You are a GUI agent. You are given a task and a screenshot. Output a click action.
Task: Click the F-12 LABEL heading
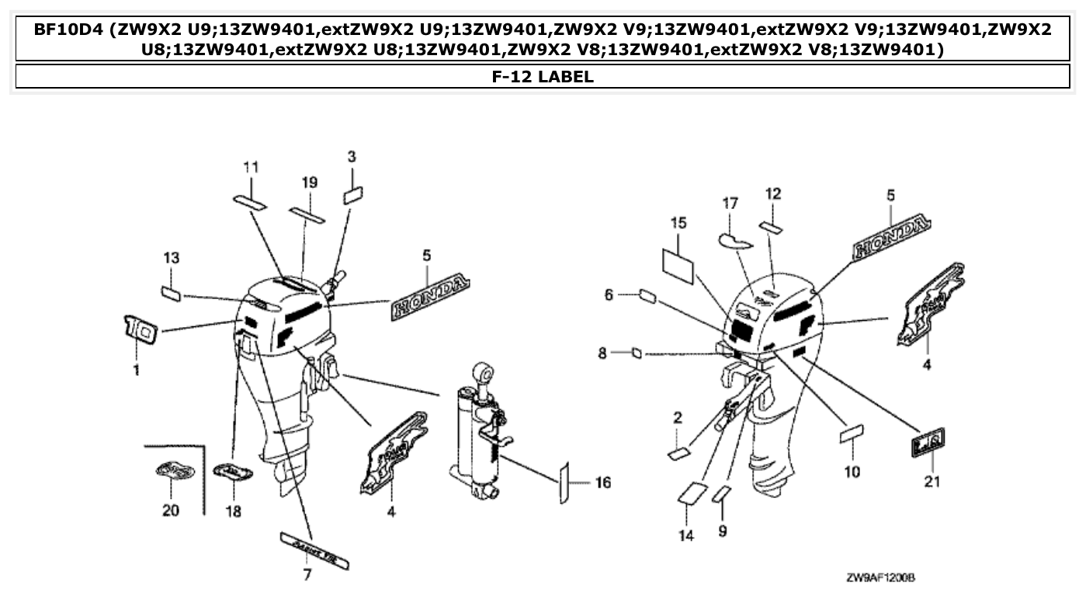pos(543,76)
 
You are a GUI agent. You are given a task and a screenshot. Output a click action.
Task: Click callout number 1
pos(136,371)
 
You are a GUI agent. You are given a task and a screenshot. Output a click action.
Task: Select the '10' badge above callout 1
pos(141,330)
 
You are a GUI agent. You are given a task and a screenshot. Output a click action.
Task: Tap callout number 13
pos(171,258)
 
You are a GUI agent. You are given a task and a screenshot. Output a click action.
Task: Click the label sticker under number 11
pos(250,202)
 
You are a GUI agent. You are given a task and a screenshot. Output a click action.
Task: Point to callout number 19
pos(310,183)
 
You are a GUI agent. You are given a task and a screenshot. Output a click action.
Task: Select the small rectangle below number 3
pos(353,193)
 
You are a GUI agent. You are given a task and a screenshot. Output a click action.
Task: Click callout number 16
pos(602,482)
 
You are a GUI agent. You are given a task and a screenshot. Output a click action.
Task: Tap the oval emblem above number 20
pos(171,470)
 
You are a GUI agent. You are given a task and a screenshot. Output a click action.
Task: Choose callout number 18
pos(233,511)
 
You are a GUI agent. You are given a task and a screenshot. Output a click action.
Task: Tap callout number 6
pos(609,294)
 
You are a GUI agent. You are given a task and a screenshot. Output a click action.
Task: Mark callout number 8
pos(602,353)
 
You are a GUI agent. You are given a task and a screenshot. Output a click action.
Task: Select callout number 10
pos(852,472)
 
